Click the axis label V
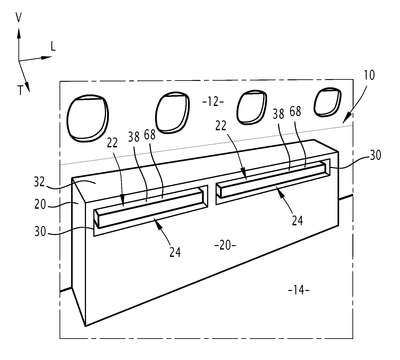19,18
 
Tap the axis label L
53,47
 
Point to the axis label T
20,90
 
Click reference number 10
369,75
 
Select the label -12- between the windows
213,102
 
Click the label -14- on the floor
298,290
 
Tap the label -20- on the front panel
225,246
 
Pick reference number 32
40,182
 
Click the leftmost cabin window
88,118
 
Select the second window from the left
172,112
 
